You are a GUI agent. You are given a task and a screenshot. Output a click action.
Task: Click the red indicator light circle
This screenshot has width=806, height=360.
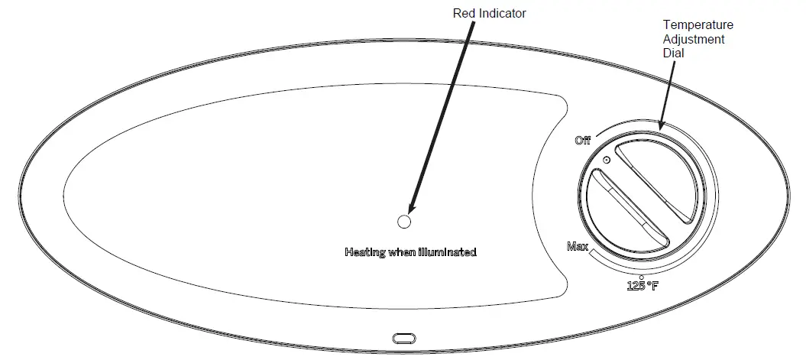tap(404, 222)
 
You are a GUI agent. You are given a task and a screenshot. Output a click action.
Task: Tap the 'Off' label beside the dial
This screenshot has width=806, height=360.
tap(582, 141)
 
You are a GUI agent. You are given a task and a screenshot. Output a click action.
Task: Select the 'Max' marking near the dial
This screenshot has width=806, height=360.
tap(577, 246)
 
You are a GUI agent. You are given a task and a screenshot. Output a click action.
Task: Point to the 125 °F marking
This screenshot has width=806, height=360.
tap(642, 287)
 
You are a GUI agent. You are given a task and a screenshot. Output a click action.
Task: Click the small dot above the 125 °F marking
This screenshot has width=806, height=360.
tap(641, 277)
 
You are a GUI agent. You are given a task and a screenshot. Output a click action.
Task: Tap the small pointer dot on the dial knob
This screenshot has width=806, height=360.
tap(606, 160)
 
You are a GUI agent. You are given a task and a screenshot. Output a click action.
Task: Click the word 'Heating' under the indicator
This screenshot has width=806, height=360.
tap(364, 251)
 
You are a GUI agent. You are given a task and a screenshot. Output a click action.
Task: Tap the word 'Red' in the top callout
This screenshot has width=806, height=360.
tap(464, 13)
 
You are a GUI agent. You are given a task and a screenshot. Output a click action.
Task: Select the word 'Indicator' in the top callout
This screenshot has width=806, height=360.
tap(503, 13)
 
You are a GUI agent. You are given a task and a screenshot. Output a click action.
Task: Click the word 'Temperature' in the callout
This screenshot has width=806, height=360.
tap(698, 26)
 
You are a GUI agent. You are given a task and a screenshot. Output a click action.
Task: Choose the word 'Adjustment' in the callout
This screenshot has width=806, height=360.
tap(694, 39)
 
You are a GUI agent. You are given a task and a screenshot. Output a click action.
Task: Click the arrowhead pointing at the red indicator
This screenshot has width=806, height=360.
tap(413, 208)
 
